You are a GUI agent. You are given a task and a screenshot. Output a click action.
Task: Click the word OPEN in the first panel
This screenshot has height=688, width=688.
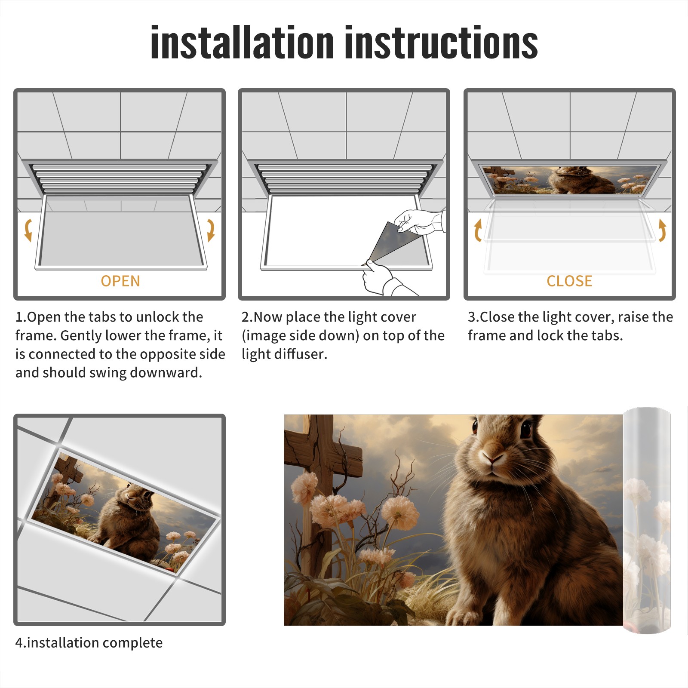(x=120, y=281)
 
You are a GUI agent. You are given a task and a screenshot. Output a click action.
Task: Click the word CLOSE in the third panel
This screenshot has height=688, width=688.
(x=569, y=281)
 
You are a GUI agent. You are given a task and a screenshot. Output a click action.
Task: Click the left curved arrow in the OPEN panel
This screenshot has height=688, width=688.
(x=28, y=230)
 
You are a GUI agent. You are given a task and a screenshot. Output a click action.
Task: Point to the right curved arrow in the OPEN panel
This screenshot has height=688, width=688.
(x=211, y=230)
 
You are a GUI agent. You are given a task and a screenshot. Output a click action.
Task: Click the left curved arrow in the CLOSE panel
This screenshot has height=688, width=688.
(x=478, y=230)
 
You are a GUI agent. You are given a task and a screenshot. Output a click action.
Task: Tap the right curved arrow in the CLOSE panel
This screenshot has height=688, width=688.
(x=662, y=230)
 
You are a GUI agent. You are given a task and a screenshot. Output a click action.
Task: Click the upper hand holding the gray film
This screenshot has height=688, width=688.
(x=419, y=221)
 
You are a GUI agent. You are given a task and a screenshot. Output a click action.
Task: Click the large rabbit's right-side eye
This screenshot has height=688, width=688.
(x=525, y=430)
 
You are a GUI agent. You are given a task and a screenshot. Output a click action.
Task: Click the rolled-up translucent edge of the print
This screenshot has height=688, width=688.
(x=647, y=520)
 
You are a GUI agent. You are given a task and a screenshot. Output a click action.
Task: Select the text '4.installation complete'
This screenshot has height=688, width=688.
(x=89, y=642)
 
